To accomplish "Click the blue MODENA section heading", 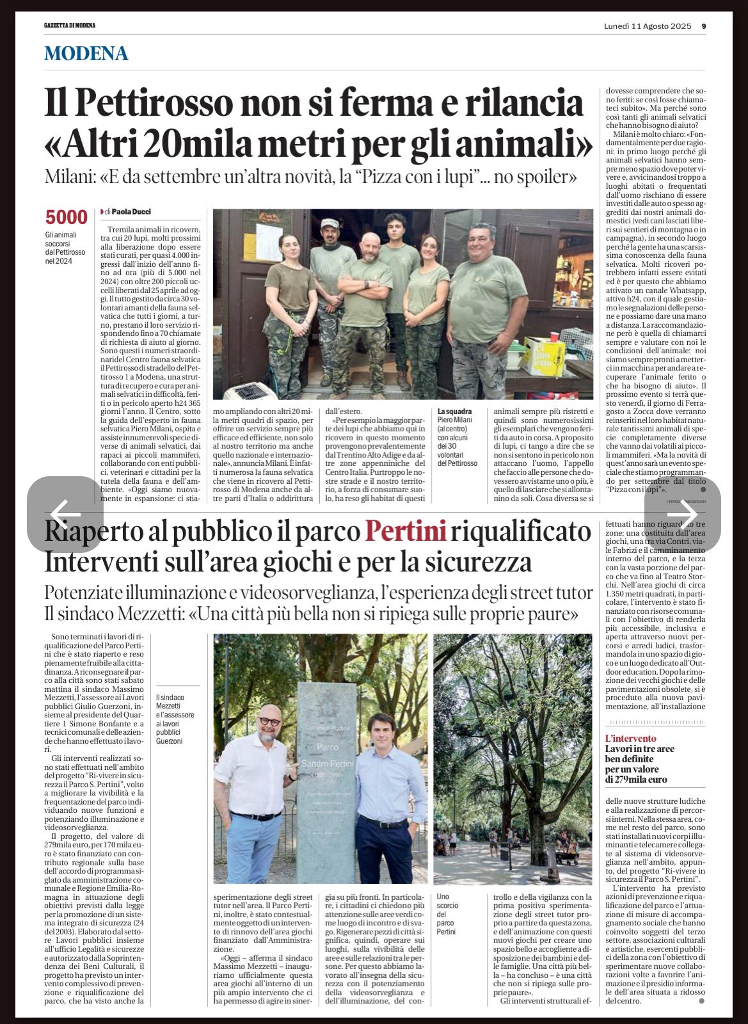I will coord(86,54).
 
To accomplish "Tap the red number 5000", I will coord(66,218).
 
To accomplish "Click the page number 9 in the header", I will coord(703,26).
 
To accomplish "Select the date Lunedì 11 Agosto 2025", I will coord(648,26).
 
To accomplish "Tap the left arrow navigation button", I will coord(65,514).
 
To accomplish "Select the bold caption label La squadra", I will coord(455,412).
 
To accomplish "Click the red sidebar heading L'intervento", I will coord(631,738).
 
